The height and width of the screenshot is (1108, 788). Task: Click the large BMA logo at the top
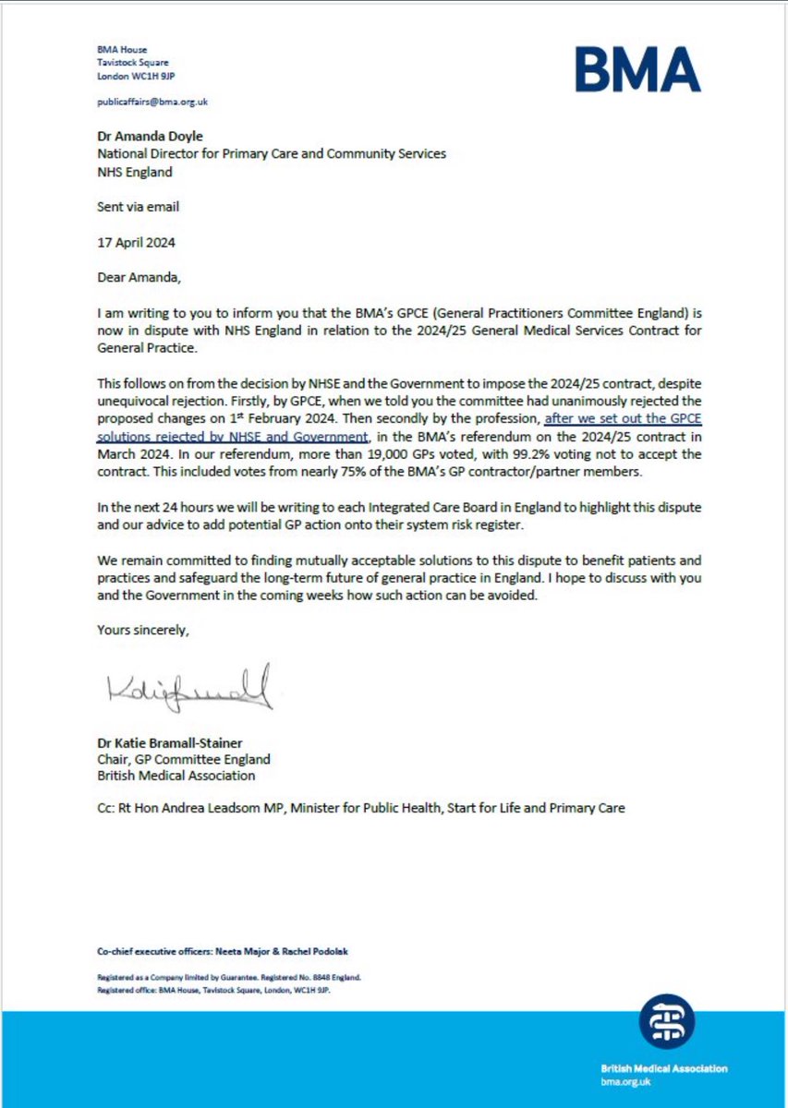click(636, 69)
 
